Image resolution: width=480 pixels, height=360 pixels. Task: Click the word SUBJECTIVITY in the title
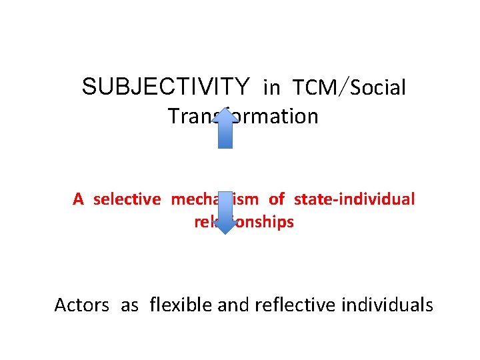[x=165, y=87]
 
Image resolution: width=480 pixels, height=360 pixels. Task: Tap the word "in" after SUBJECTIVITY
[x=272, y=88]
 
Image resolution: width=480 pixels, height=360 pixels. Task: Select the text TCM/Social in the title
[x=349, y=88]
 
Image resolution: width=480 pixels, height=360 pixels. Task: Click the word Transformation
[x=243, y=117]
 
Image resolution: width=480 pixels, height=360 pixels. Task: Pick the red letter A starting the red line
[x=79, y=199]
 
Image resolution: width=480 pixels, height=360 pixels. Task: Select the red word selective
[x=127, y=199]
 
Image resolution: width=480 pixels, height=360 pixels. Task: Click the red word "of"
[x=277, y=199]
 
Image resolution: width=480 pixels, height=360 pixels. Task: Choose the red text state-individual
[x=354, y=199]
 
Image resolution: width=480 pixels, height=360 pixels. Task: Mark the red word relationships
[x=244, y=222]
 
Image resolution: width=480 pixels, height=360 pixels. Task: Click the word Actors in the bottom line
[x=81, y=305]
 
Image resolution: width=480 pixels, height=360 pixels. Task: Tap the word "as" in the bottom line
[x=129, y=305]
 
